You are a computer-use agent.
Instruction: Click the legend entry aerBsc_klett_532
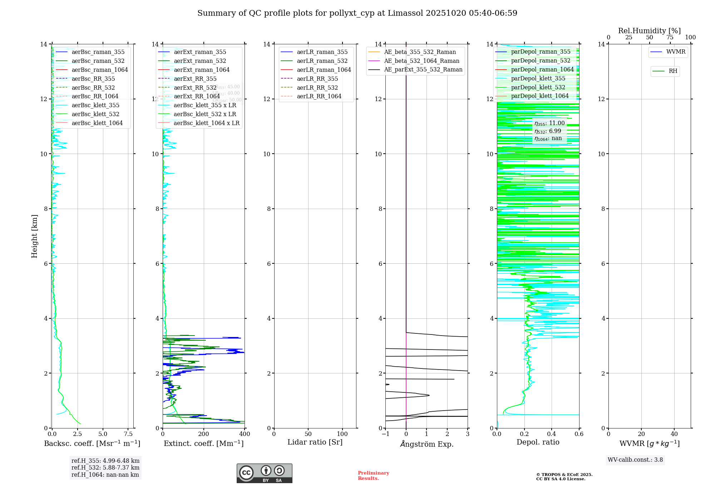point(95,114)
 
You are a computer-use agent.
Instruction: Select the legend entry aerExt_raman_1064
point(202,70)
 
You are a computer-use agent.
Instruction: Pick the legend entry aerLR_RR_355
point(317,79)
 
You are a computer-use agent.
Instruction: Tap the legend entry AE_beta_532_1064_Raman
point(421,61)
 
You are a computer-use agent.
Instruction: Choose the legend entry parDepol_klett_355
point(538,78)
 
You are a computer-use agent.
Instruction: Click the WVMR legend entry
point(676,52)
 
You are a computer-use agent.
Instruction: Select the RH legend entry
point(673,71)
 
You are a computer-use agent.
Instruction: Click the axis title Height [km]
point(34,236)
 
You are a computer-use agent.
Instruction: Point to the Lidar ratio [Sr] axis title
point(315,442)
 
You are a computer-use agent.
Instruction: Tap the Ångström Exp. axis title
point(426,444)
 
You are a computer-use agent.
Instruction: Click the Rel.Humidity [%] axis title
point(649,31)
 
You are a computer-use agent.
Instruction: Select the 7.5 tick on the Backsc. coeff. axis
point(128,434)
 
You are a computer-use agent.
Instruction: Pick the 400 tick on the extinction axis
point(245,434)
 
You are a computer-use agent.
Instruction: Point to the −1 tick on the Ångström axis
point(385,434)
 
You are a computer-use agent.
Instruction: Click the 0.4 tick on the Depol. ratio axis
point(552,434)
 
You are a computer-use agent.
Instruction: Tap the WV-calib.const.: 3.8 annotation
point(635,460)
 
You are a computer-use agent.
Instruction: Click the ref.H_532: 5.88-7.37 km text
point(105,468)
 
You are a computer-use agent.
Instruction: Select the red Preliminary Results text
point(373,476)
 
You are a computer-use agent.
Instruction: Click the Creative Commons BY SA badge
point(264,473)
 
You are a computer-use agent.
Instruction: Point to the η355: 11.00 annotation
point(549,123)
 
